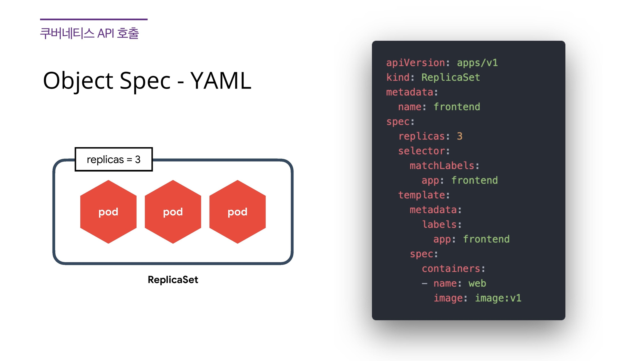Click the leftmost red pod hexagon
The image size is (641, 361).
coord(108,212)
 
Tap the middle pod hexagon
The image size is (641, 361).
coord(173,212)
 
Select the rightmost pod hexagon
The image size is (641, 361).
coord(237,212)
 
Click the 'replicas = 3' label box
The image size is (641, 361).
coord(114,159)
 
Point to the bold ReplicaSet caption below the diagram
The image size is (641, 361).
coord(173,280)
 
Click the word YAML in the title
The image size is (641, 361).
coord(221,81)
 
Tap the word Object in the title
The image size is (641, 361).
coord(78,81)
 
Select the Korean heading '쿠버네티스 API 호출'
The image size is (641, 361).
coord(89,33)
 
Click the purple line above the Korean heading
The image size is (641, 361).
coord(94,19)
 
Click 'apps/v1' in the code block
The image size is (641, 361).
coord(477,63)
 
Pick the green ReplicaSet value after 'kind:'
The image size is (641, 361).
coord(450,77)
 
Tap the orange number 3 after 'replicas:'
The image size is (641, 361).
coord(460,136)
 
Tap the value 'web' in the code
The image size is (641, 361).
coord(477,283)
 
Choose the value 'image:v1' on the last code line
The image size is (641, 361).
coord(498,298)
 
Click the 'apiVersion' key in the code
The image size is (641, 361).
coord(416,63)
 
